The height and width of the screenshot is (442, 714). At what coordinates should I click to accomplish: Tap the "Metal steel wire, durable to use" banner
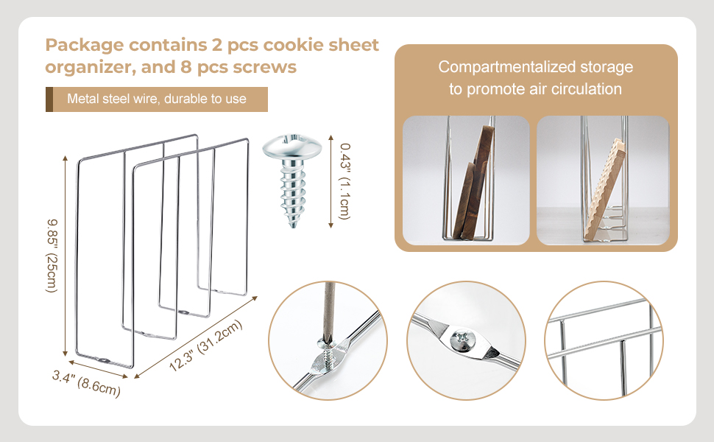(x=157, y=99)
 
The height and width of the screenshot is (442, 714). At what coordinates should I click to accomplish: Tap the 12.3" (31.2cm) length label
(x=200, y=346)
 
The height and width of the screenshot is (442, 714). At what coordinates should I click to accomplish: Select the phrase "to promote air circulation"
(x=536, y=89)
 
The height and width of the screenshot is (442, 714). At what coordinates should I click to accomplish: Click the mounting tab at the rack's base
(x=105, y=361)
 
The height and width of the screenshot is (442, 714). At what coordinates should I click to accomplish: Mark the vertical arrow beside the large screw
(x=331, y=180)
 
